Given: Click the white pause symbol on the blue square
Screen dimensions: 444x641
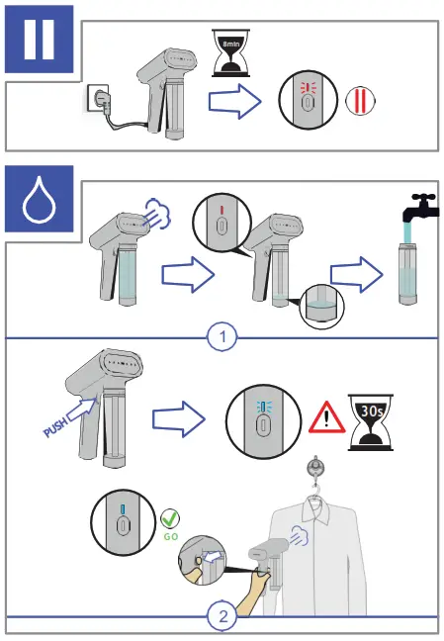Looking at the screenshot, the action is (x=39, y=39).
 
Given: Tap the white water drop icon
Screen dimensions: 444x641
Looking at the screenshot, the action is (x=39, y=200).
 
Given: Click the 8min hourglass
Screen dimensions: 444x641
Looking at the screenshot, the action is (x=230, y=52).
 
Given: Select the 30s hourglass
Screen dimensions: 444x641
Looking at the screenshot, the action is (x=371, y=422).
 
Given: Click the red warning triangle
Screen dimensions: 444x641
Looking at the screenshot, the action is (x=326, y=417).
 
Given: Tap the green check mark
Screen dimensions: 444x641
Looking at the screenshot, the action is (x=170, y=518).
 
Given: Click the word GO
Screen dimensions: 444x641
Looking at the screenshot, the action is (x=171, y=536).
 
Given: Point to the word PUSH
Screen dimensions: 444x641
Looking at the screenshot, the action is (x=55, y=427).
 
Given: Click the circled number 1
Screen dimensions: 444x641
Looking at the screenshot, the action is (x=222, y=337).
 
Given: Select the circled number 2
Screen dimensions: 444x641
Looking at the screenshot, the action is (x=222, y=616).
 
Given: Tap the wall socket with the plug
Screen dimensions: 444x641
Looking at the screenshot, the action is (x=98, y=98).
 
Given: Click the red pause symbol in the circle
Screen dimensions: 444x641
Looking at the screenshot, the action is (x=360, y=101).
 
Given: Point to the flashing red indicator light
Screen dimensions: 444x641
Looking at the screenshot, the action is (x=306, y=87).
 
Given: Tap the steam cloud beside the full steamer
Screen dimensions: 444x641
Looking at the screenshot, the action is (x=158, y=213).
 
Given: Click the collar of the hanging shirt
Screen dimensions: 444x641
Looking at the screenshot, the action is (x=315, y=510).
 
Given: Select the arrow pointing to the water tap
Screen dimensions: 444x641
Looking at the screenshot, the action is (x=357, y=275).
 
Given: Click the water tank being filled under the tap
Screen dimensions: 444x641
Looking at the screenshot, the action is (x=407, y=273).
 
